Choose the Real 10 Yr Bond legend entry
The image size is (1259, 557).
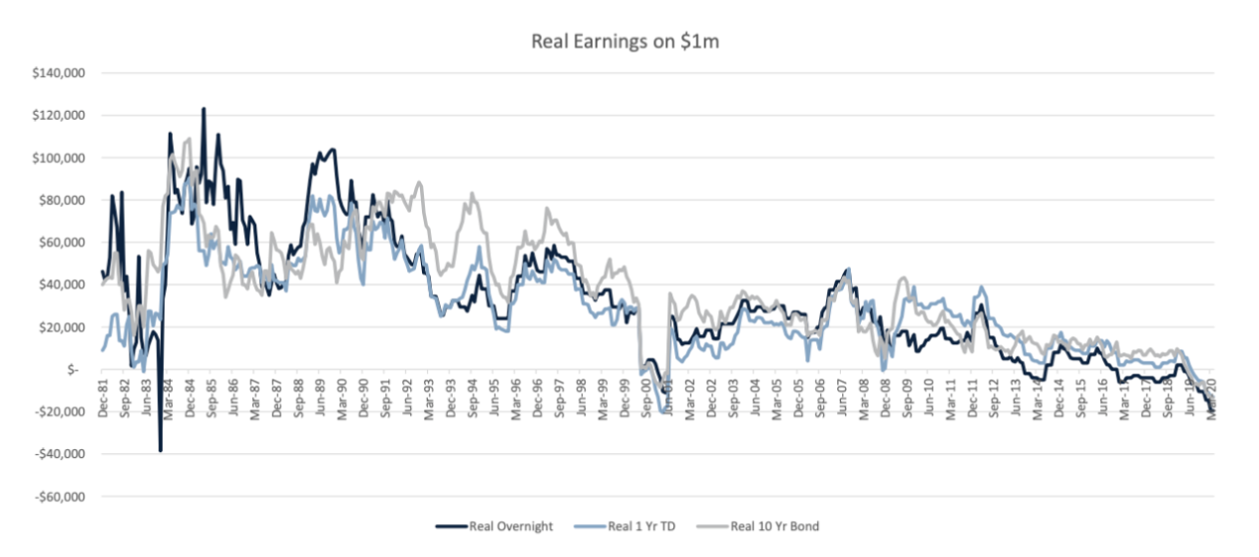(773, 526)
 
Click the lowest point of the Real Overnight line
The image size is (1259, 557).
(161, 451)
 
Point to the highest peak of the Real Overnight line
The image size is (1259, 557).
(204, 108)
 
